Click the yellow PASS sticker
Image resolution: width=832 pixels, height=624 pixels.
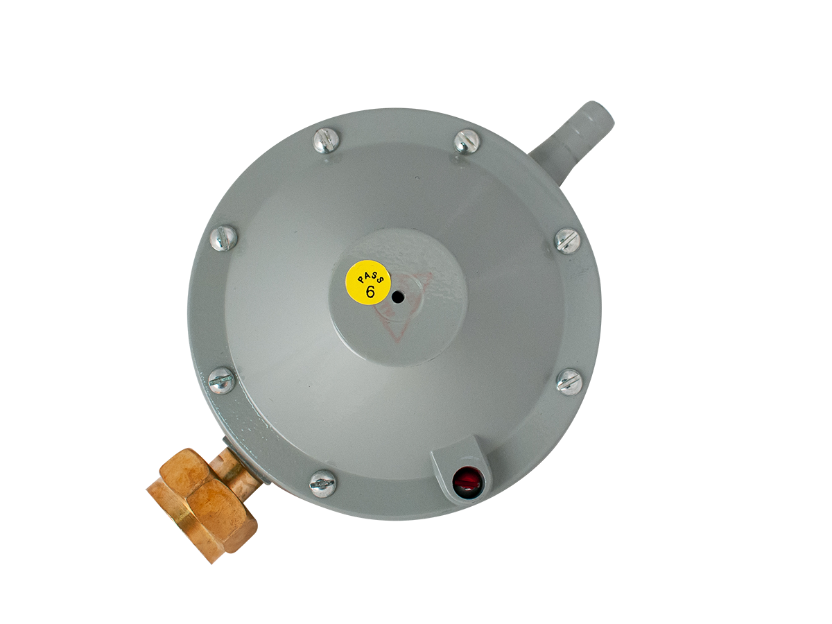368,282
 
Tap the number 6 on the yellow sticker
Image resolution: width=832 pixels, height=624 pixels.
370,292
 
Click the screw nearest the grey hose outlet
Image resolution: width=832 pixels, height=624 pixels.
467,141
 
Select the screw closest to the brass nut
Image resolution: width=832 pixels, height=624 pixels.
322,483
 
